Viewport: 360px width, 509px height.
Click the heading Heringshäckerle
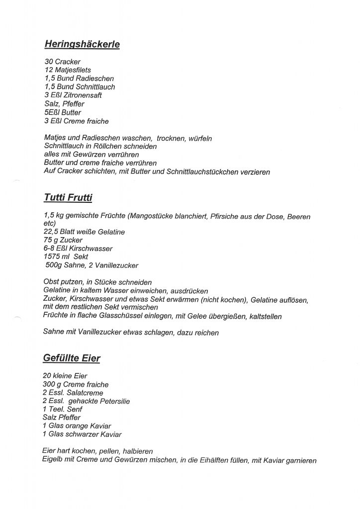(82, 44)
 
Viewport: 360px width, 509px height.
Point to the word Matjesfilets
(75, 70)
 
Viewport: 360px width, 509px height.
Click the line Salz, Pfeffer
(64, 104)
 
